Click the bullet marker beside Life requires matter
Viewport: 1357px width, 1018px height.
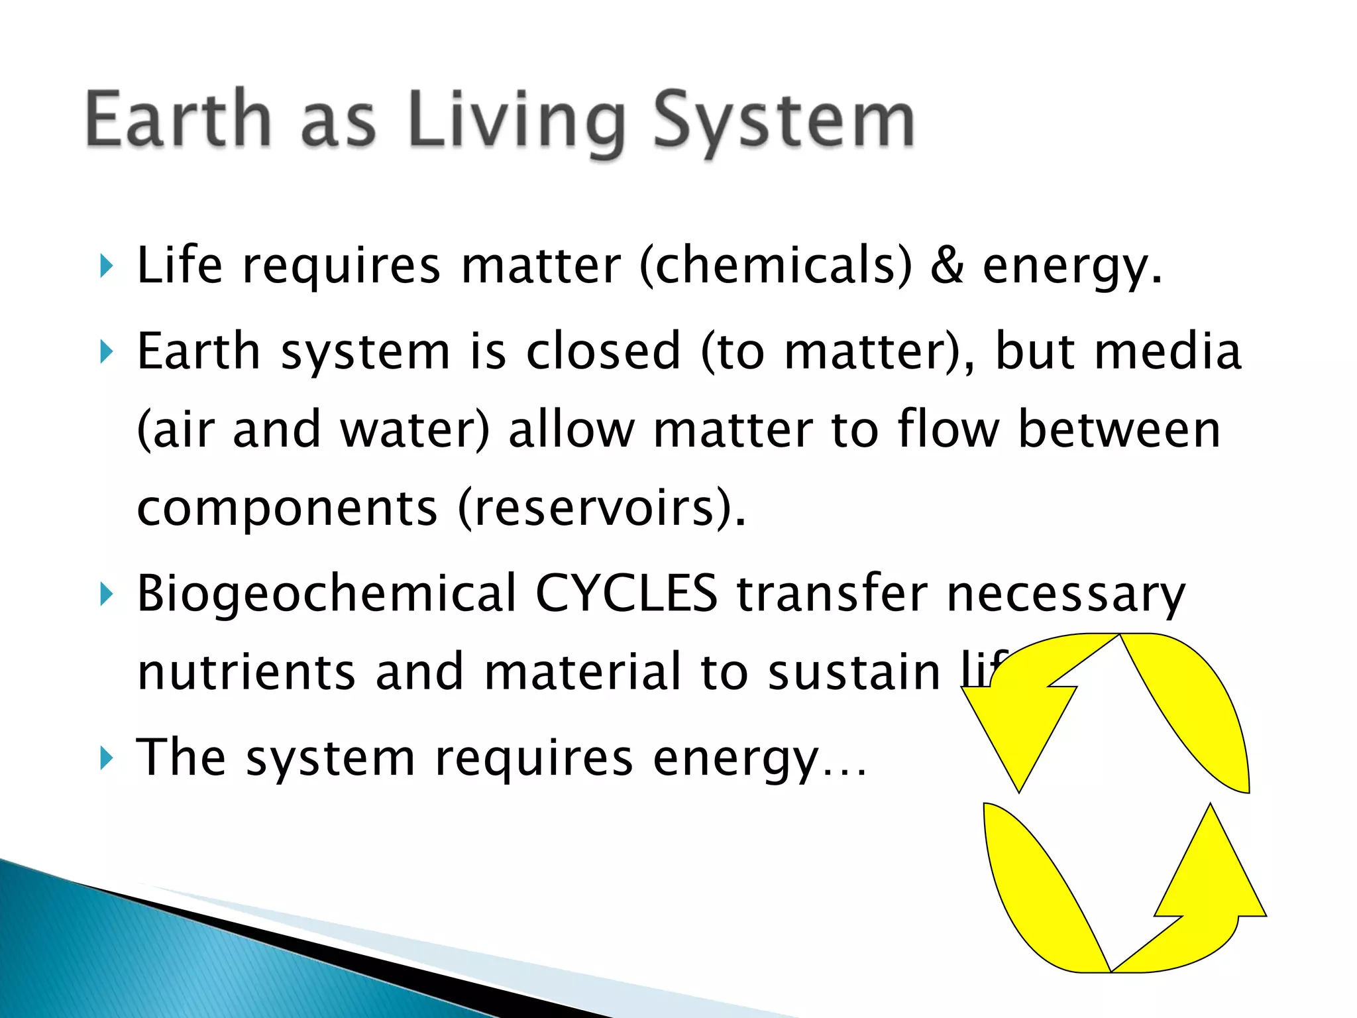click(106, 266)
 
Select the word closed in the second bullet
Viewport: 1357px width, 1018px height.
click(603, 351)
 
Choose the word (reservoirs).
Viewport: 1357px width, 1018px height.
click(602, 508)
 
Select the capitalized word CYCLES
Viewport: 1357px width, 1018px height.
click(626, 593)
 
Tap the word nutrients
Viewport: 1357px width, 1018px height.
click(246, 671)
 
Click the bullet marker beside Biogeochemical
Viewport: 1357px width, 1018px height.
click(106, 594)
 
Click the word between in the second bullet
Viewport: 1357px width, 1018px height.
click(1119, 429)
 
